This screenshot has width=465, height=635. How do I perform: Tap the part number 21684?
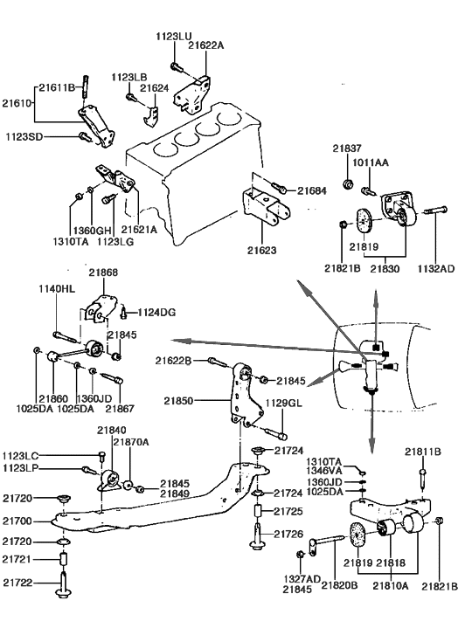pyautogui.click(x=312, y=190)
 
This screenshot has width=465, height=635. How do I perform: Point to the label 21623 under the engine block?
pyautogui.click(x=260, y=250)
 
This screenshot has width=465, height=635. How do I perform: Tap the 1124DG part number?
pyautogui.click(x=157, y=311)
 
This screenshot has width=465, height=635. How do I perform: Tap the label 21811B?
pyautogui.click(x=423, y=452)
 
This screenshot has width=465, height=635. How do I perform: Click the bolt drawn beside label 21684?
pyautogui.click(x=280, y=188)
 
